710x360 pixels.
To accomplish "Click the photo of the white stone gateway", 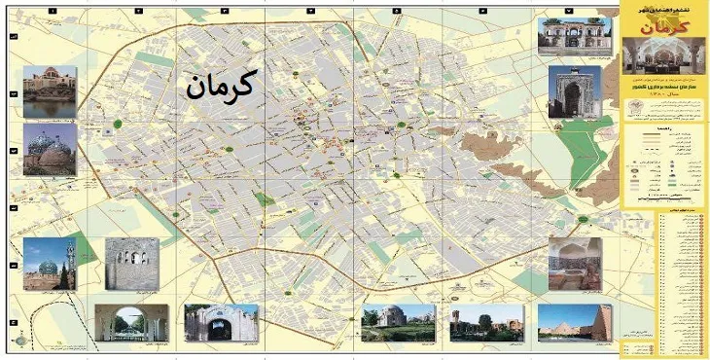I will coord(221,322).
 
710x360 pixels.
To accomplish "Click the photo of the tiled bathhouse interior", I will coord(575,264).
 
